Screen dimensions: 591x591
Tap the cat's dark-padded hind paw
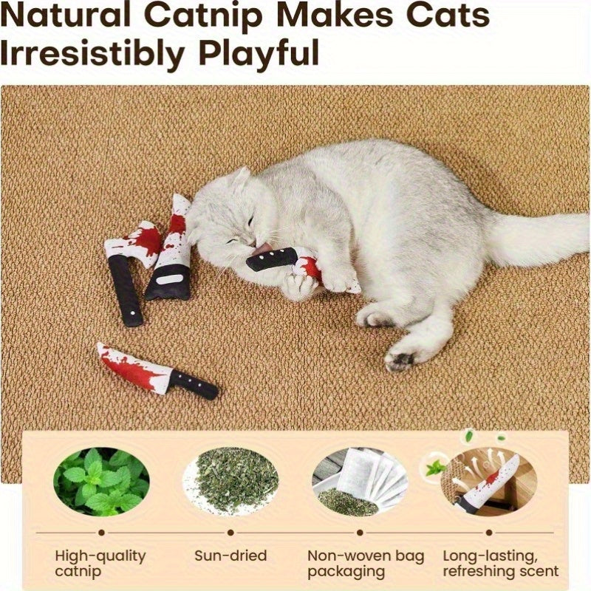[399, 361]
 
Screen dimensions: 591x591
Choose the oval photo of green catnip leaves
[101, 482]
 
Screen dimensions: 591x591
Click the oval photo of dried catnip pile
[230, 482]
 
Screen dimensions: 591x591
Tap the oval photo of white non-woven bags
[360, 482]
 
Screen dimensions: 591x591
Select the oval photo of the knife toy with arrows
[488, 482]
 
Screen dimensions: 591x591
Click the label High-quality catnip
[101, 563]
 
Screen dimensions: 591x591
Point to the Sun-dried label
[230, 556]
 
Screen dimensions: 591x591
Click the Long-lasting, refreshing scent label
[500, 563]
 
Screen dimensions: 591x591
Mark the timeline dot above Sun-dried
[230, 531]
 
